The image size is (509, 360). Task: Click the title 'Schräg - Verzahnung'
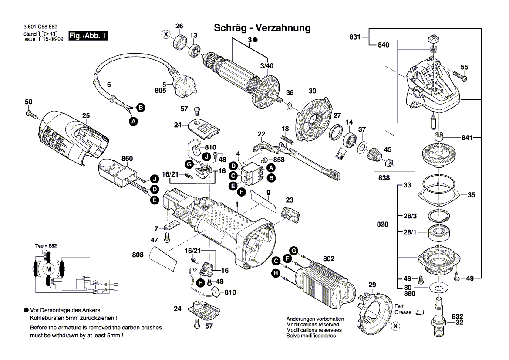pos(262,28)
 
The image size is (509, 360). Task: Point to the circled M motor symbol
pos(49,269)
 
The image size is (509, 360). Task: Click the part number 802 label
pos(328,259)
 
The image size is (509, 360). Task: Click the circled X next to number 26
pos(165,34)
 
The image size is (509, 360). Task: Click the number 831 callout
pos(355,37)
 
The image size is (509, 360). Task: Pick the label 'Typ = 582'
pos(46,246)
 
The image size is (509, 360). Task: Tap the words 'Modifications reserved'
pos(312,325)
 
